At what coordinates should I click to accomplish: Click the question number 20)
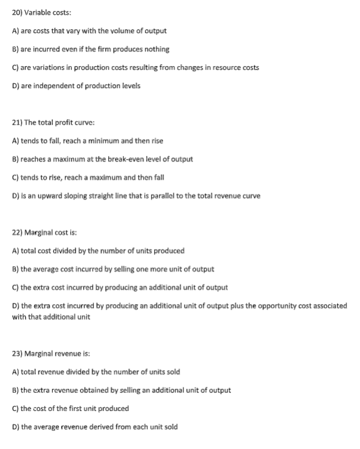(18, 12)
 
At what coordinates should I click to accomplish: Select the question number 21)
(18, 122)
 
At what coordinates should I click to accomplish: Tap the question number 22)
(18, 232)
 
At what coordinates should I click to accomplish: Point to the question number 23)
(18, 354)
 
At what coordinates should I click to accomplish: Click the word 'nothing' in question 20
(158, 49)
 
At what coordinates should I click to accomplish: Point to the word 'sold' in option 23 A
(174, 372)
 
